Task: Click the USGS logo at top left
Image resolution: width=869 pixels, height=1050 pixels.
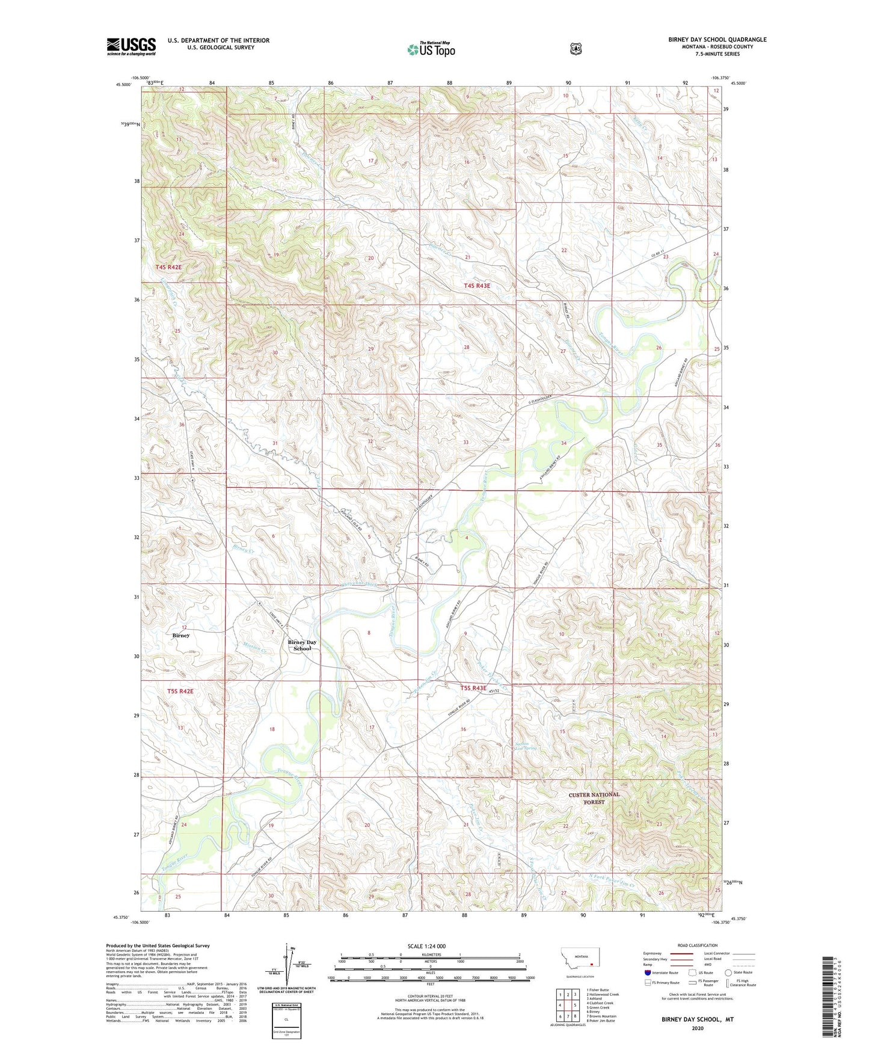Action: click(x=131, y=46)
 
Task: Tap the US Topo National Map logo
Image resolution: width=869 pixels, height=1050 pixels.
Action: click(x=430, y=49)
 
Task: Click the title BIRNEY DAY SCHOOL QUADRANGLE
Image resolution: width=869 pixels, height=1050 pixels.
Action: click(x=717, y=40)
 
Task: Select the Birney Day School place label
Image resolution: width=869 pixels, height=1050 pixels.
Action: click(x=302, y=645)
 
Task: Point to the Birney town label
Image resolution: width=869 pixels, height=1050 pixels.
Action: click(x=180, y=635)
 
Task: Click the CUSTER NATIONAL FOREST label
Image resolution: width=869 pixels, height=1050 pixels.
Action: click(x=594, y=798)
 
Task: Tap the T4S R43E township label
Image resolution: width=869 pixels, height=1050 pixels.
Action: click(x=477, y=286)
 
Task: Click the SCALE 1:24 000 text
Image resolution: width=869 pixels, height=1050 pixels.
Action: click(x=426, y=946)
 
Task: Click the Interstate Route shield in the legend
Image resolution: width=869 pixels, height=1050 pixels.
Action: click(x=647, y=972)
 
